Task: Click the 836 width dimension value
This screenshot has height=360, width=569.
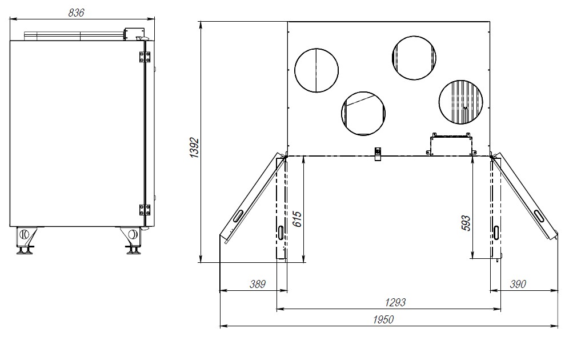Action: (76, 13)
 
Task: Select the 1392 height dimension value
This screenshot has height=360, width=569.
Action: (195, 147)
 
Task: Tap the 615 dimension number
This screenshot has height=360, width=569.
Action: (297, 219)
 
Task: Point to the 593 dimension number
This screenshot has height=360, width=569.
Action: (466, 223)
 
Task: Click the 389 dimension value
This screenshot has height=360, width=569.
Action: (258, 284)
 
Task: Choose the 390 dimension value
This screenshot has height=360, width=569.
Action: (518, 284)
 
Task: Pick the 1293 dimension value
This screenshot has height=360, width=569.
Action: (395, 302)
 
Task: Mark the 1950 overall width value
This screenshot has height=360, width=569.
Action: (383, 320)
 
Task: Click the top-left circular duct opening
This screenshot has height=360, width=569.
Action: (316, 70)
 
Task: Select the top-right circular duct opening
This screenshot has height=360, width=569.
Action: (414, 58)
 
